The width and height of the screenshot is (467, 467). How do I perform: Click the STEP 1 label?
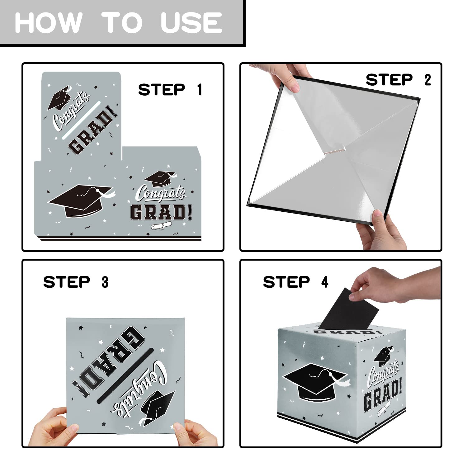click(170, 90)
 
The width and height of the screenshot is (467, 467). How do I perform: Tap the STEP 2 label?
click(399, 80)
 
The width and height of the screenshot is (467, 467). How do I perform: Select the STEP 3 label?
click(76, 282)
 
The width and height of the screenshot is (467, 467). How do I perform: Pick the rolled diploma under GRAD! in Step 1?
click(161, 225)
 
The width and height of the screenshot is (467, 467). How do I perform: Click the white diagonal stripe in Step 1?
click(82, 120)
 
